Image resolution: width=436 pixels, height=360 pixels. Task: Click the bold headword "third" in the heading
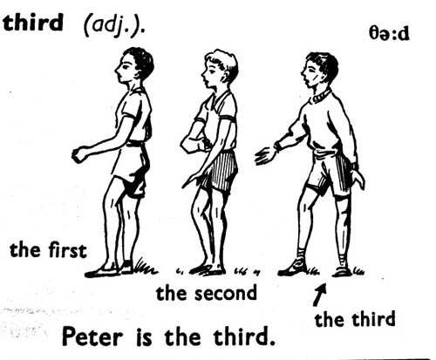point(33,22)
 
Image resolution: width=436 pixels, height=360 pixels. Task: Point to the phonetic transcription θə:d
point(389,34)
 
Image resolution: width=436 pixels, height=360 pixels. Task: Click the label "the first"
point(48,250)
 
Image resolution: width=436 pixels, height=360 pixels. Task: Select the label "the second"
point(207,293)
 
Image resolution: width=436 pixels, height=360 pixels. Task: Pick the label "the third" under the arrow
point(355,319)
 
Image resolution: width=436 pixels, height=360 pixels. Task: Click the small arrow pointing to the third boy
point(320,295)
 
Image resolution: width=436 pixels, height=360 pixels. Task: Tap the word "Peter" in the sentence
point(92,337)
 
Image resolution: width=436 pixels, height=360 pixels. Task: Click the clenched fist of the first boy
point(79,154)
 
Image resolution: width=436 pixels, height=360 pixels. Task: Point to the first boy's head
point(134,66)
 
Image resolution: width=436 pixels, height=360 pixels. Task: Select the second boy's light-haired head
point(220,69)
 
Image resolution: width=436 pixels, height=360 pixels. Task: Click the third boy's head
point(320,70)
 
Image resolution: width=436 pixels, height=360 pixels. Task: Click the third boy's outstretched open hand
point(266,155)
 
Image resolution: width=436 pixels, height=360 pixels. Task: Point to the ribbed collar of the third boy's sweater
point(322,96)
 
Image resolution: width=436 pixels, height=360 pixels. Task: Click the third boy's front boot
point(293,267)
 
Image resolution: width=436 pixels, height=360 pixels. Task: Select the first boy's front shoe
point(102,272)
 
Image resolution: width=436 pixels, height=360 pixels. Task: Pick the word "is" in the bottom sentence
point(144,337)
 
